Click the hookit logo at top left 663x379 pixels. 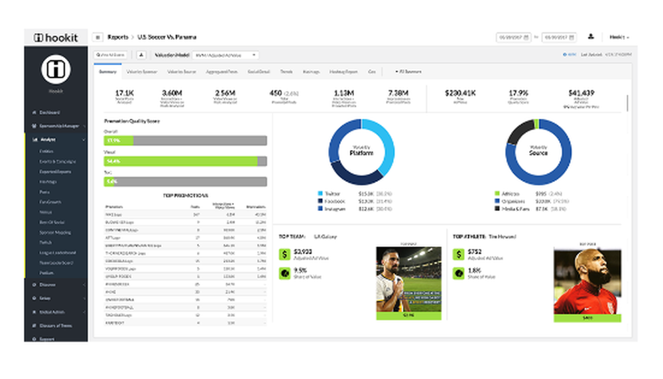point(56,38)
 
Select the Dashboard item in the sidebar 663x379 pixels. point(50,112)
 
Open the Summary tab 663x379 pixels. point(108,71)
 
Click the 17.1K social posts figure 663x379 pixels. point(125,94)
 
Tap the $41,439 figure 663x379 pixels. point(581,94)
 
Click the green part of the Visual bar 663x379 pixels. point(179,161)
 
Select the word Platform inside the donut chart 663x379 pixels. point(362,153)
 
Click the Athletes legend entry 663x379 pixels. point(511,194)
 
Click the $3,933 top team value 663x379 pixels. point(304,252)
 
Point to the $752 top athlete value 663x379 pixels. point(475,252)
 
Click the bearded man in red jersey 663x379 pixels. point(587,279)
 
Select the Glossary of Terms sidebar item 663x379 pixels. point(56,326)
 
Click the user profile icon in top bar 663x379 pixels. point(590,37)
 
